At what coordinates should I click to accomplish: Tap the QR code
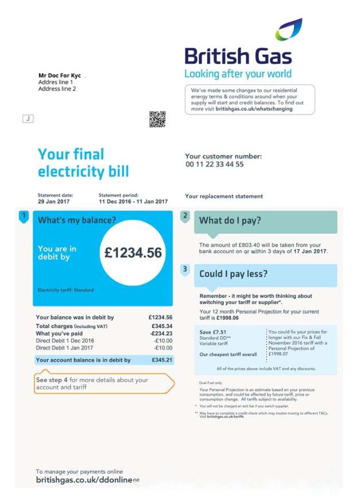tap(157, 119)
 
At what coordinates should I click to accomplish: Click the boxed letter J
tap(27, 119)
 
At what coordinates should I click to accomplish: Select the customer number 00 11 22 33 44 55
tap(214, 165)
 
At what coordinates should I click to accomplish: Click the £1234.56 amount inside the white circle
tap(133, 252)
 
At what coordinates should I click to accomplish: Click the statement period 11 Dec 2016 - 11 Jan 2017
tap(133, 202)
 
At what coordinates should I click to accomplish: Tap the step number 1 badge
tap(24, 216)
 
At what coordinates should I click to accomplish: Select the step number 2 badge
tap(185, 216)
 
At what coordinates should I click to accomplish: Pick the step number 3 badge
tap(185, 269)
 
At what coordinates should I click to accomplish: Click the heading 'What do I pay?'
tap(230, 221)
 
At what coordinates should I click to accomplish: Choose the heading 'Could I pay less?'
tap(233, 274)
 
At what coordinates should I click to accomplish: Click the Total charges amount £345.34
tap(161, 326)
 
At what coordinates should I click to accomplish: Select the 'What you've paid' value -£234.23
tap(161, 333)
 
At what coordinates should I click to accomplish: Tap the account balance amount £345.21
tap(161, 360)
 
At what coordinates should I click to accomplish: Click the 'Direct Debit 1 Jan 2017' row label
tap(65, 347)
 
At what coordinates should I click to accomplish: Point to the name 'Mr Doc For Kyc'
tap(60, 75)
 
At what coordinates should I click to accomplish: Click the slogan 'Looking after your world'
tap(237, 74)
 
